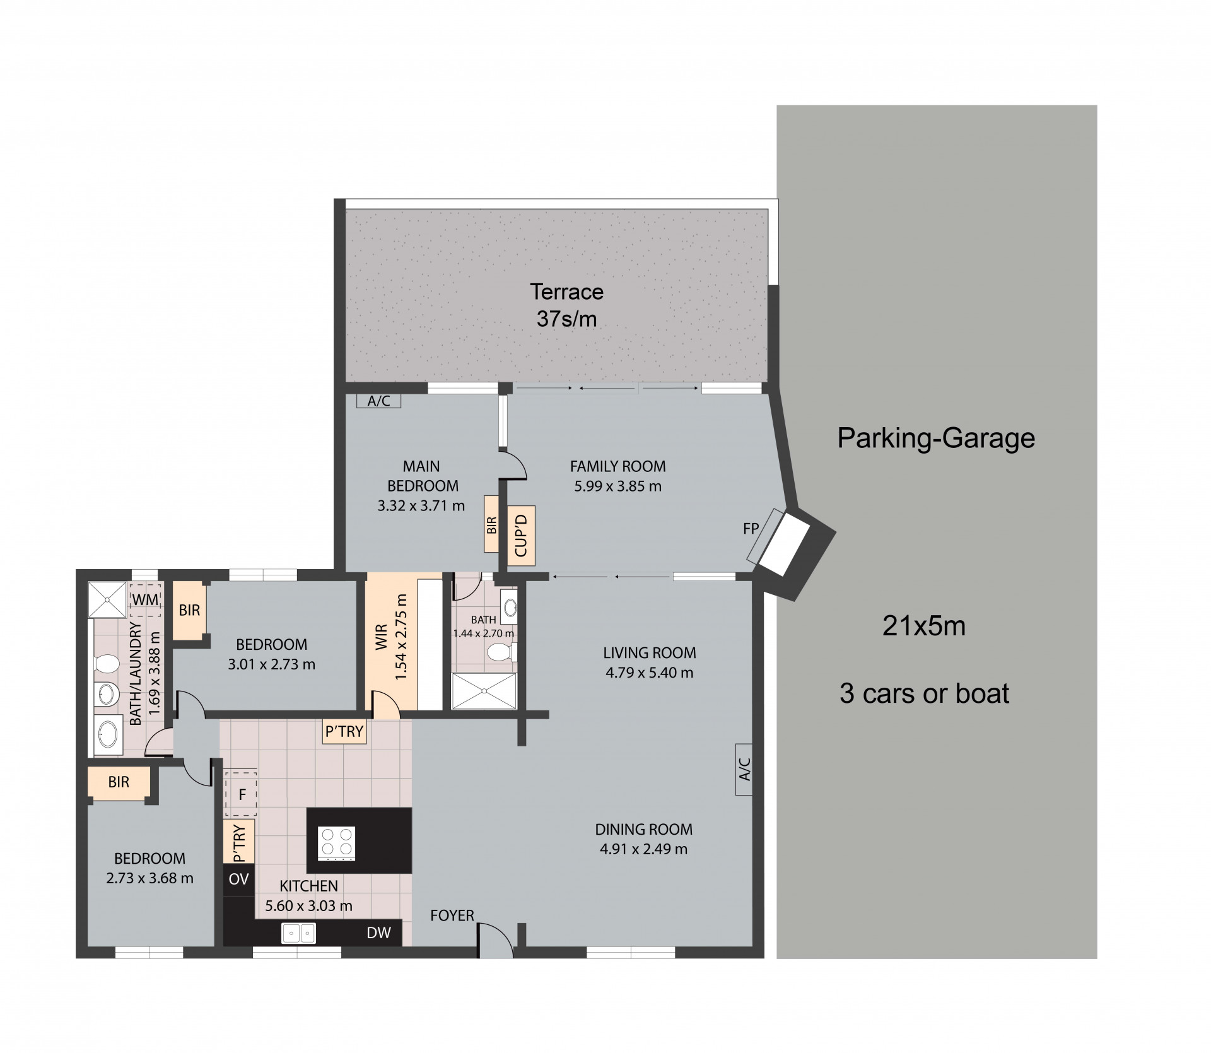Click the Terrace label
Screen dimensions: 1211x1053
tap(566, 291)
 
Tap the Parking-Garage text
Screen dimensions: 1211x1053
tap(936, 438)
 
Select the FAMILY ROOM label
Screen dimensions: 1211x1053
tap(617, 466)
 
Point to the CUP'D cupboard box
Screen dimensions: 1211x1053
tap(521, 535)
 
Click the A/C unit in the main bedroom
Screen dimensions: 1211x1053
tap(378, 401)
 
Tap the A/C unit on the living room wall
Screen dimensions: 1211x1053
tap(744, 769)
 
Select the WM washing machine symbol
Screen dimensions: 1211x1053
tap(146, 599)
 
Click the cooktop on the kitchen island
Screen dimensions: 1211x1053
tap(337, 843)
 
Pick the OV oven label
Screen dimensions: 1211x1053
tap(239, 879)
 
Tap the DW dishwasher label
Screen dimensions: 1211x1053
tap(379, 933)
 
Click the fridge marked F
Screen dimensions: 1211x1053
tap(241, 794)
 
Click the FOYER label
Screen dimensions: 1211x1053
tap(452, 915)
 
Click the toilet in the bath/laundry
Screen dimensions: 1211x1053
tap(107, 664)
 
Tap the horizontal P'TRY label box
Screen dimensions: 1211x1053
tap(344, 732)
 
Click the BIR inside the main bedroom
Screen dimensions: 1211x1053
tap(491, 524)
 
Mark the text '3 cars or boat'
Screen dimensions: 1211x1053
tap(924, 693)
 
